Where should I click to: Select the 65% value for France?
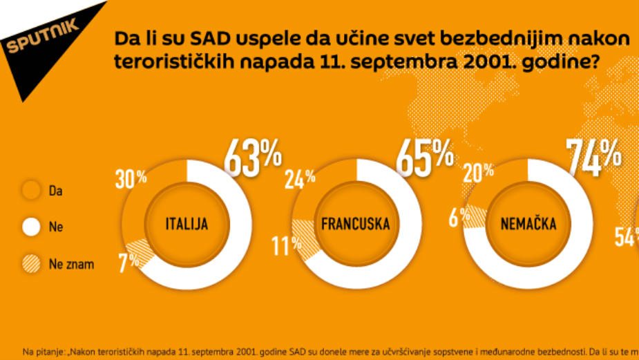point(424,157)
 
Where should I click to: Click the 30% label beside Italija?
point(131,178)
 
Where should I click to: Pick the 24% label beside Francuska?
point(300,178)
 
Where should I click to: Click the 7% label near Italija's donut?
point(129,261)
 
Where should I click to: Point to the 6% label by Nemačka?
point(454,218)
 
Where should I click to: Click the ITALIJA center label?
point(187,224)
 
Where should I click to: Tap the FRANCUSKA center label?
point(355,224)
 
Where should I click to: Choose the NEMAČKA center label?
point(528,224)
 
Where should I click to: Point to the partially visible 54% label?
point(627,237)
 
